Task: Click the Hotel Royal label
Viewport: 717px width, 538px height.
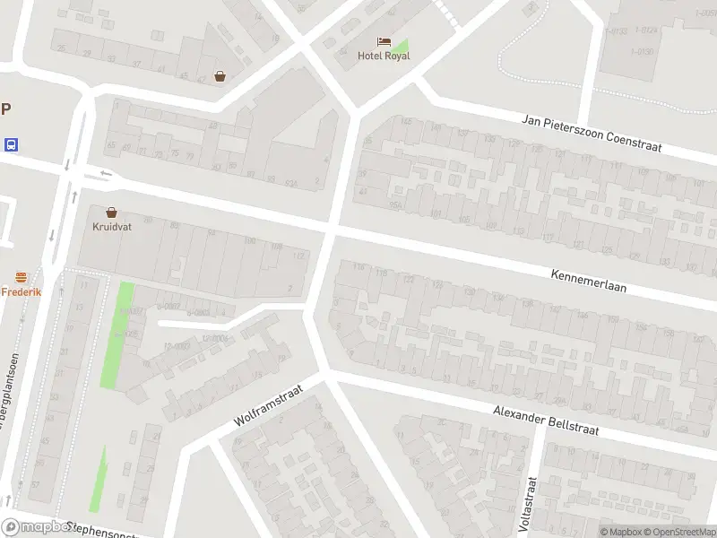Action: [x=384, y=56]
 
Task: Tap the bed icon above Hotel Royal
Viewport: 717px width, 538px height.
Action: [x=384, y=41]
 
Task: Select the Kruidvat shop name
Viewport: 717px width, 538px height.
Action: [x=111, y=226]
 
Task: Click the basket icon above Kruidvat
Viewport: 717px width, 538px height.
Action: [x=111, y=213]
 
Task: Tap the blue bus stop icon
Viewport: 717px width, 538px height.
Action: [x=10, y=144]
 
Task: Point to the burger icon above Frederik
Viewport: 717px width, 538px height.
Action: [x=19, y=278]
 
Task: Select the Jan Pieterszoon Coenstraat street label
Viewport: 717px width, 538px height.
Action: [x=592, y=133]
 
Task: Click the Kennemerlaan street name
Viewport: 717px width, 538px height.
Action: [x=588, y=281]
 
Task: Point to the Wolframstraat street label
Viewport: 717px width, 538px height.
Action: [x=268, y=404]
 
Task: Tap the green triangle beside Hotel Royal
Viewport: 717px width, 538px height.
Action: [x=401, y=47]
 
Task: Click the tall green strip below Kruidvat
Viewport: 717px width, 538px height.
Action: [x=117, y=334]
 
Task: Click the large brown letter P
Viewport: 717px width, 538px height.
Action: [x=5, y=109]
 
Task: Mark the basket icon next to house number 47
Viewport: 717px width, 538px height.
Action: [x=220, y=77]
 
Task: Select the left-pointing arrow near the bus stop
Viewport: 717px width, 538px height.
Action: [x=106, y=173]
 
